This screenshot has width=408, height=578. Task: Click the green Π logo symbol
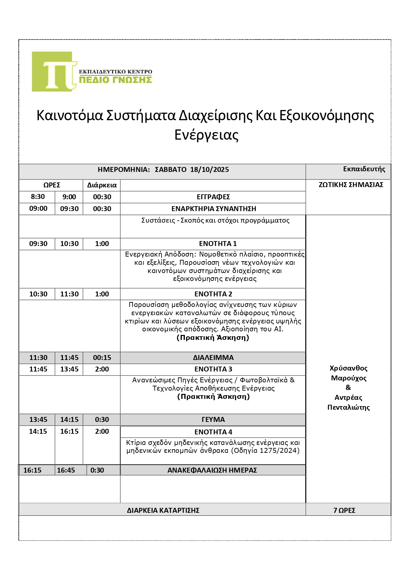pos(54,72)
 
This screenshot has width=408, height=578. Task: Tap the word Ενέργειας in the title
pos(206,135)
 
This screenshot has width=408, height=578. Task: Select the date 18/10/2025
pos(210,170)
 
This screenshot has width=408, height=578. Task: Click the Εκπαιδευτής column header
pos(364,169)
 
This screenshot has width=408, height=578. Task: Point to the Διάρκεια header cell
pos(102,185)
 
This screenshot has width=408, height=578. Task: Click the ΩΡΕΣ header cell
pos(52,185)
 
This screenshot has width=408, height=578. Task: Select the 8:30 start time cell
pos(38,197)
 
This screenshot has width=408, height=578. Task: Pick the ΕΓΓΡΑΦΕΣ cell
pos(213,197)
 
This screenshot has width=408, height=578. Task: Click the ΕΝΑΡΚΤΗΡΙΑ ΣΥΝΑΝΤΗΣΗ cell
pos(214,209)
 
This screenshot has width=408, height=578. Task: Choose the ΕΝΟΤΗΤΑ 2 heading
pos(213,294)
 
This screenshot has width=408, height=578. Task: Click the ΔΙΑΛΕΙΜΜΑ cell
pos(213,358)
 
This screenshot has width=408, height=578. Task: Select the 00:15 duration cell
pos(102,358)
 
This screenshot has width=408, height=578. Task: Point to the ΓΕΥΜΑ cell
pos(213,420)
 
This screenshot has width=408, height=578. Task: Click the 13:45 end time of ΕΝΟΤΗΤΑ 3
pos(69,369)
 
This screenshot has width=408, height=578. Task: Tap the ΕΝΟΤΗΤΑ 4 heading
pos(213,432)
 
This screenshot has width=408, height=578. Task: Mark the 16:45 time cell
pos(66,470)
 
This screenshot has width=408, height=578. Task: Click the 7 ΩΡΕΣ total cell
pos(344,510)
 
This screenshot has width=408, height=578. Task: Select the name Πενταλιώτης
pos(348,407)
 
